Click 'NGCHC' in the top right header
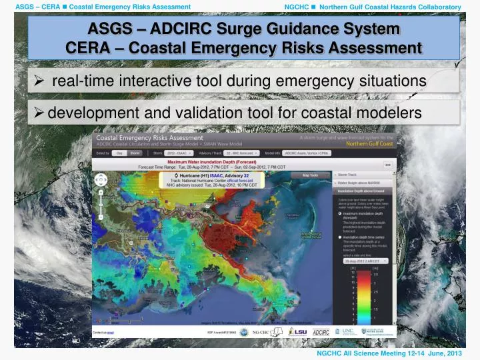[x=296, y=7]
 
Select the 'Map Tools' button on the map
[x=310, y=175]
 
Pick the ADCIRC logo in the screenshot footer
[x=321, y=331]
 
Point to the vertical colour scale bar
[x=365, y=297]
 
